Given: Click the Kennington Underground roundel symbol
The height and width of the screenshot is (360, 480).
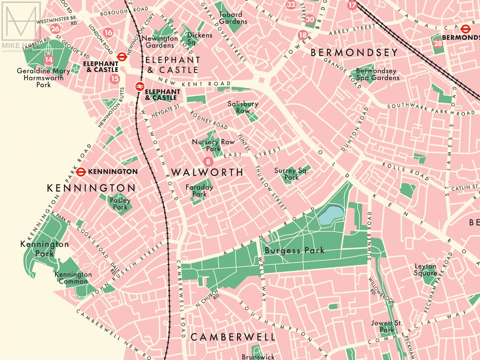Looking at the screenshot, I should click(81, 172).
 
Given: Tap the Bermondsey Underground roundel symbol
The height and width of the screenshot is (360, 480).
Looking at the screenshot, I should click(465, 29).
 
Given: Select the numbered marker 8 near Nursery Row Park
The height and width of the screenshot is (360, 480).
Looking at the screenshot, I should click(207, 161).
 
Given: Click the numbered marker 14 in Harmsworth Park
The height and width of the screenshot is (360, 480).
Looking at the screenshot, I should click(49, 60).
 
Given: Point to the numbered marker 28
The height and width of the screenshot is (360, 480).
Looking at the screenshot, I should click(438, 43).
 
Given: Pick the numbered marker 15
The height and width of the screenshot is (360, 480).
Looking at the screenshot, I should click(115, 78).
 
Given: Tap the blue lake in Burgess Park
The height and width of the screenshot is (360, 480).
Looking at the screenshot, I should click(331, 215).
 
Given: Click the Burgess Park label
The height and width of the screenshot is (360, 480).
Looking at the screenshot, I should click(294, 251).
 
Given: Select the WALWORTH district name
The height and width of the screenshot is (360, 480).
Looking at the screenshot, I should click(207, 172).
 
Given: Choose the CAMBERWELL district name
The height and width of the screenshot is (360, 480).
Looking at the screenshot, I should click(233, 337).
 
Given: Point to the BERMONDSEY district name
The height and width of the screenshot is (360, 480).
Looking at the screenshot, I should click(354, 53).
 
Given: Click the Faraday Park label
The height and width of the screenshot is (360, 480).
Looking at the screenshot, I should click(199, 191).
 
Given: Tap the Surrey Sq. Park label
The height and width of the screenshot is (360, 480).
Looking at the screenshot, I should click(292, 174).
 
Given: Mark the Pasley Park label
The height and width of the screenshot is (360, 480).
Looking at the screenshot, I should click(120, 204).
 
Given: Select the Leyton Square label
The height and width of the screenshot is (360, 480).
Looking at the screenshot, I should click(425, 269).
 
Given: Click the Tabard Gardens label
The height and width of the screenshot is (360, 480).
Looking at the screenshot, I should click(230, 18).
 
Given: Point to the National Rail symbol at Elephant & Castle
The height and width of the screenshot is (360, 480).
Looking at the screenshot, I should click(139, 87).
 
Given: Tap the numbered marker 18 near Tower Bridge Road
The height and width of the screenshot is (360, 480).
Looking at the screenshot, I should click(302, 35).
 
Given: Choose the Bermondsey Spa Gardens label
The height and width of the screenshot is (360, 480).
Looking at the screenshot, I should click(377, 74).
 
